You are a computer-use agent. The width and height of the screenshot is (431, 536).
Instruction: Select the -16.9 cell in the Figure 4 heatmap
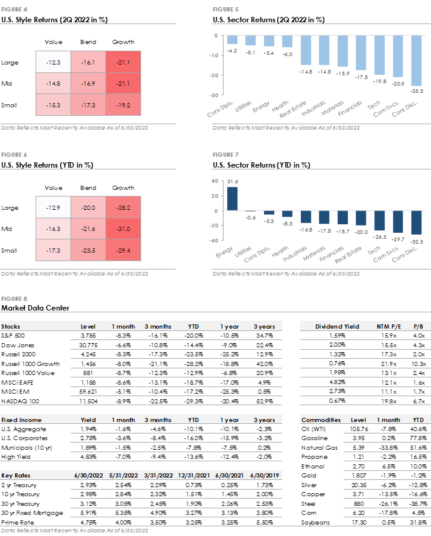tap(88, 83)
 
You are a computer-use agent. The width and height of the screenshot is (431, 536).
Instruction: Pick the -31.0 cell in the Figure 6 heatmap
tap(123, 229)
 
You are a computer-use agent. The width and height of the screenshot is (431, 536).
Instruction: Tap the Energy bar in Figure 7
tap(232, 199)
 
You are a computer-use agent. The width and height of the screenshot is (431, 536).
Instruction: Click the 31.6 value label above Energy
tap(232, 181)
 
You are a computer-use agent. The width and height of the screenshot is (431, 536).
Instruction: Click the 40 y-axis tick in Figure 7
tap(215, 181)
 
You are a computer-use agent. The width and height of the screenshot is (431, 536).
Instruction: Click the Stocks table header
tap(11, 327)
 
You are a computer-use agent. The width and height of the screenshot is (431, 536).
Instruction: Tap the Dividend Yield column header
tap(337, 327)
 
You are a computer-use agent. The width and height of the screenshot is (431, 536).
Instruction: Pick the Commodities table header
tap(321, 420)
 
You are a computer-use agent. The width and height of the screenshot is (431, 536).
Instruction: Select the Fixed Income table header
tap(21, 420)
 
